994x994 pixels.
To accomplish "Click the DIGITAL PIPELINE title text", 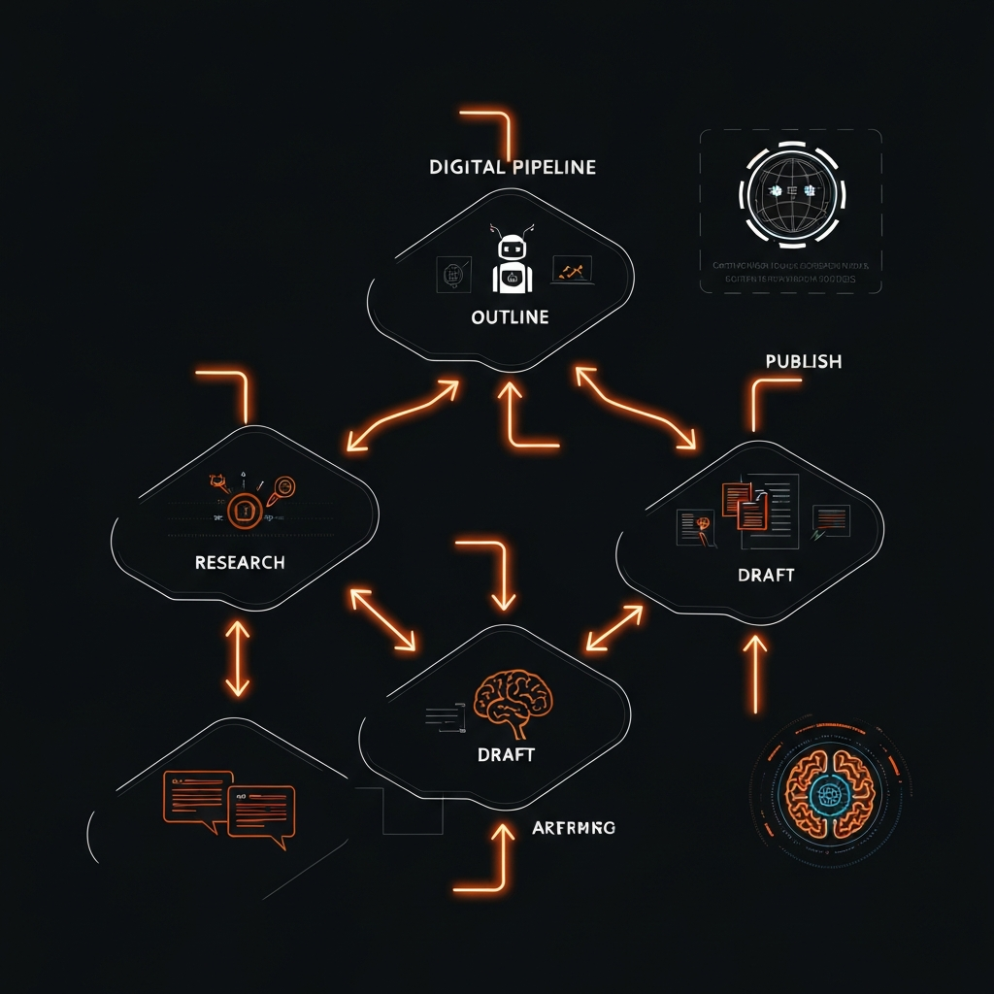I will coord(512,167).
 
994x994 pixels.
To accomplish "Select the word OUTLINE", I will coord(510,317).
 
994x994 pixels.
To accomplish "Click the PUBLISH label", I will coord(803,361).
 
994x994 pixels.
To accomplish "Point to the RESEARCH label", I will coord(240,563).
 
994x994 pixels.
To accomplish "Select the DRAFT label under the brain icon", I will coord(507,754).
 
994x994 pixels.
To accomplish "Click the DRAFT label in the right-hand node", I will coord(766,575).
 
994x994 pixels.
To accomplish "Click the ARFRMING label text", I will coord(574,828).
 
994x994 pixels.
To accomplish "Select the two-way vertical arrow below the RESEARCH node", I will coord(238,658).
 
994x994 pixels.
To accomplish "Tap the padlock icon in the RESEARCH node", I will coord(244,510).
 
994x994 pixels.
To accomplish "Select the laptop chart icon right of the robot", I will coord(572,271).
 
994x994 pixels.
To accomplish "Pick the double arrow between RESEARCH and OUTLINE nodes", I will coord(402,416).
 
